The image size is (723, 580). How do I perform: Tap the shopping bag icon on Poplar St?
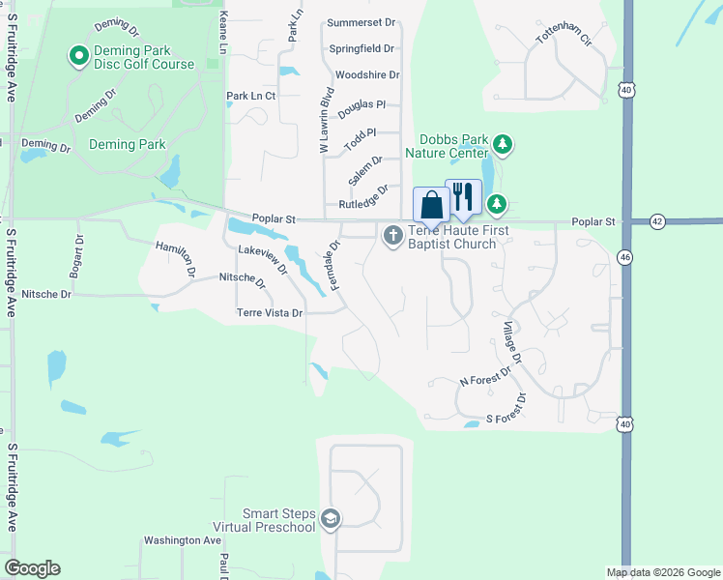(431, 204)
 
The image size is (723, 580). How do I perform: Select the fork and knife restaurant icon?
(463, 195)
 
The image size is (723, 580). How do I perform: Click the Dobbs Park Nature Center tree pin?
(502, 145)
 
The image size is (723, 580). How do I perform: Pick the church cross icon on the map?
(393, 234)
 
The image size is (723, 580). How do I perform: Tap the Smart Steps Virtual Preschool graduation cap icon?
(331, 520)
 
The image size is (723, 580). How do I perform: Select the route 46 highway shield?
(626, 256)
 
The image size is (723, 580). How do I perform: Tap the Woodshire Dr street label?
(366, 74)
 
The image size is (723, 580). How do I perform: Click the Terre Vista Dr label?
(270, 313)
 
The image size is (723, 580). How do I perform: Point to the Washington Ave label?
(183, 540)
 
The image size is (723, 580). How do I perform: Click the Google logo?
(32, 568)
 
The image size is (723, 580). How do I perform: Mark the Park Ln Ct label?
(250, 96)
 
